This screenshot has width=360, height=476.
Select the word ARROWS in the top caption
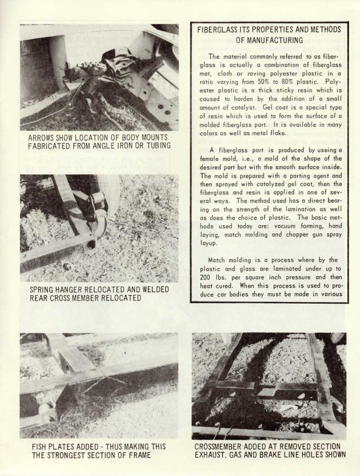pos(41,138)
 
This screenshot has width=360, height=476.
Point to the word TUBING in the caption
pos(156,146)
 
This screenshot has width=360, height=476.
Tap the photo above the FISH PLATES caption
pos(99,385)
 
